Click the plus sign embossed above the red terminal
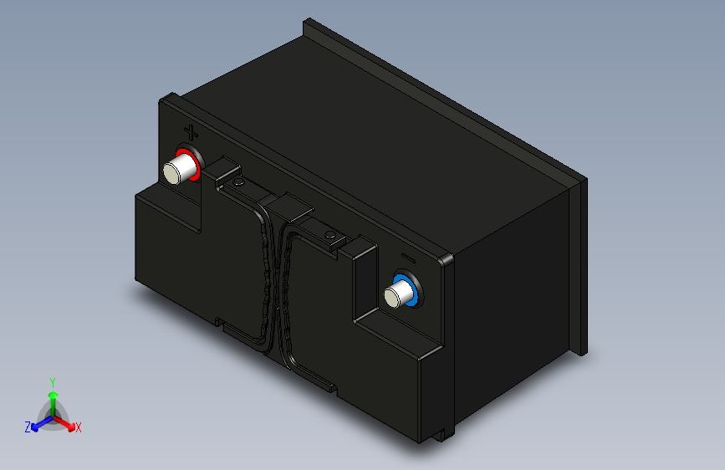tap(191, 133)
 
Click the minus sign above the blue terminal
tap(408, 258)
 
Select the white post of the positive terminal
tap(178, 169)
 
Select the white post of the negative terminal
tap(399, 294)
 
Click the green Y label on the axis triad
tap(53, 382)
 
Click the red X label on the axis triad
tap(78, 428)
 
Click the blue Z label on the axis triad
tap(28, 427)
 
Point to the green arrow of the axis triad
tap(54, 402)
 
